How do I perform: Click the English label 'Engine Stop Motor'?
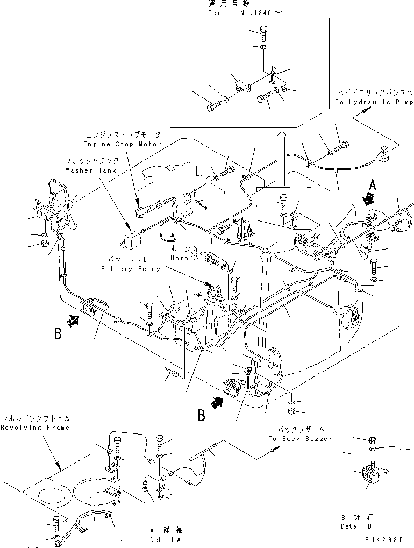[122, 144]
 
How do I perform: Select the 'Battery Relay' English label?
[131, 269]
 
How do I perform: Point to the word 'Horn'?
[179, 258]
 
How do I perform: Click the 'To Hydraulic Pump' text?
[374, 102]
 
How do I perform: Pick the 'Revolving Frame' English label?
[35, 428]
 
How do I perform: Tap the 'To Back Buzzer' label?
[300, 439]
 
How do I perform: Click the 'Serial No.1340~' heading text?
[245, 13]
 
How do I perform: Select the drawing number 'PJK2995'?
[384, 539]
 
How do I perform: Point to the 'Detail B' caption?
[356, 526]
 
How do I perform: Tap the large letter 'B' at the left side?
[58, 333]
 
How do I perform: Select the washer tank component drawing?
[132, 237]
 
